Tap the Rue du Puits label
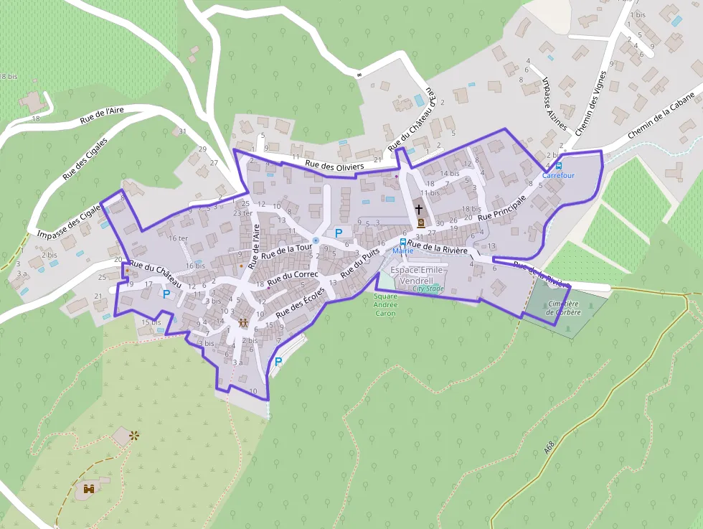pyautogui.click(x=359, y=265)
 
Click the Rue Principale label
pyautogui.click(x=502, y=206)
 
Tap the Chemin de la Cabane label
pyautogui.click(x=662, y=117)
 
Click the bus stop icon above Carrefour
pyautogui.click(x=558, y=166)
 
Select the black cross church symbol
pyautogui.click(x=419, y=209)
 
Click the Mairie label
pyautogui.click(x=402, y=251)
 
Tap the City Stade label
pyautogui.click(x=428, y=289)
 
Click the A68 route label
pyautogui.click(x=549, y=446)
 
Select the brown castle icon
pyautogui.click(x=90, y=489)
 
